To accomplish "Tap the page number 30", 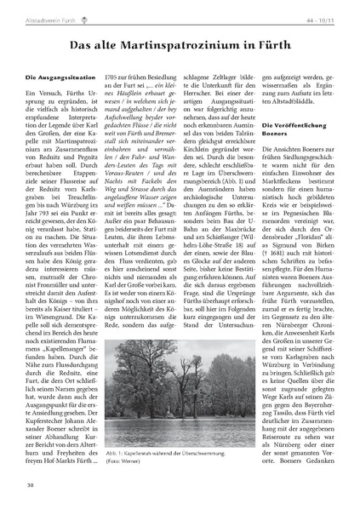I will [30, 486].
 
